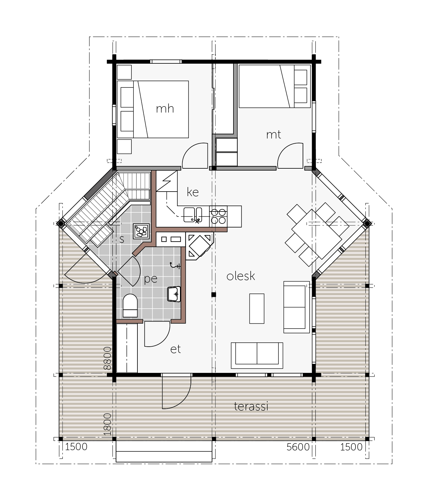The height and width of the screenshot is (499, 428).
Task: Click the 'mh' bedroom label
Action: pos(165,109)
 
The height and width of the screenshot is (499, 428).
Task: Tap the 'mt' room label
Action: pos(274,135)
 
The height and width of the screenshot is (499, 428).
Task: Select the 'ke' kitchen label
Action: pos(193,192)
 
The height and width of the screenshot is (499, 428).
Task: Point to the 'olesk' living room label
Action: pos(241,276)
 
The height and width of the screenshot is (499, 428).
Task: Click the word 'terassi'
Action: pos(251,406)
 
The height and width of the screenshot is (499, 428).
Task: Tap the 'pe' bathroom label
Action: pos(151,279)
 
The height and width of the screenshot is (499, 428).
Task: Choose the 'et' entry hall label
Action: pos(175,349)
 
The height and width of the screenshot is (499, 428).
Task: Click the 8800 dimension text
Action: pos(107,358)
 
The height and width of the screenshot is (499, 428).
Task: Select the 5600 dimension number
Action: pos(298,447)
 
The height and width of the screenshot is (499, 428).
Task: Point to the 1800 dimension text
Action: pos(107,424)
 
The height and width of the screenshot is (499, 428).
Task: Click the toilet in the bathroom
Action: pos(130,305)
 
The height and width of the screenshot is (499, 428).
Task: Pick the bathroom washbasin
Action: pos(174,294)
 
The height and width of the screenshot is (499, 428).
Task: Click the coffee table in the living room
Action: pos(257,309)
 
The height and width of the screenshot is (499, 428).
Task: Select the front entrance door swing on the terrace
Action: pos(177,391)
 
